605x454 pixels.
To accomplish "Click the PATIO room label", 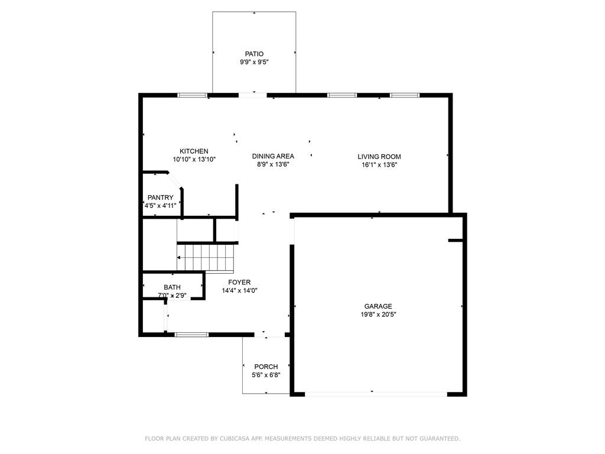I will coord(255,54).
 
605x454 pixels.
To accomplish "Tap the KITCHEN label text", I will coord(194,151).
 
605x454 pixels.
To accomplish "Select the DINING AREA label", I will coord(273,156).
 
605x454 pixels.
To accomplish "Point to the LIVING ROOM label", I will coord(379,157).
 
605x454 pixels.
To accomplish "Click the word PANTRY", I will coord(160,197).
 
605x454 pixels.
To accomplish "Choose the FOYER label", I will coord(239,283).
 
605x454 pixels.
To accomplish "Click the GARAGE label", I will coord(378,306).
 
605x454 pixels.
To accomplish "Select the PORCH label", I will coord(266,367).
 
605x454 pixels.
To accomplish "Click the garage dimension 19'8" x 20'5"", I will coord(378,314).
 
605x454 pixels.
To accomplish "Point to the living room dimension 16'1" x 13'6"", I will coord(379,165).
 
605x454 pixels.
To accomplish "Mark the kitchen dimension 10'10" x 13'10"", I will coord(194,160).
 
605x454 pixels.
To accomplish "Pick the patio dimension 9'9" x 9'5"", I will coord(255,62).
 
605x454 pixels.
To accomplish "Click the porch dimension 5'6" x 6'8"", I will coord(266,375).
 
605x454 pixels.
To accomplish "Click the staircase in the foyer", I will coord(207,258).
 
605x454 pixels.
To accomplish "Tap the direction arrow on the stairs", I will coord(179,258).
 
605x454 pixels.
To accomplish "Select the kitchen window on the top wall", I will coord(193,95).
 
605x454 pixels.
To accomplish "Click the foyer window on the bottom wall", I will coord(191,335).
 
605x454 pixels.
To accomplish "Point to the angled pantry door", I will coord(174,180).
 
